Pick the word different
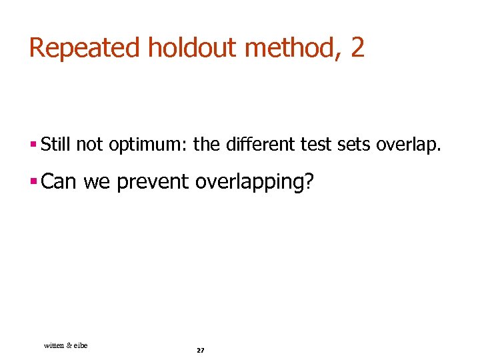tap(253, 143)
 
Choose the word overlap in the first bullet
tap(407, 144)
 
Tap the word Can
tap(59, 181)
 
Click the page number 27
tap(201, 350)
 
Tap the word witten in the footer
tap(54, 345)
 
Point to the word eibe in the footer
tap(80, 345)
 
